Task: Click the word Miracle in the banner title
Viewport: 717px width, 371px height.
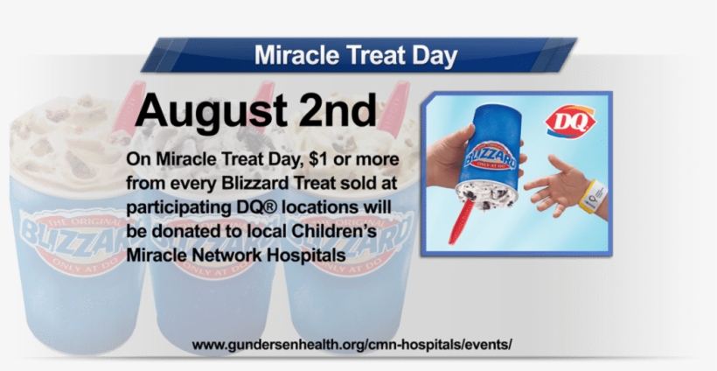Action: point(295,56)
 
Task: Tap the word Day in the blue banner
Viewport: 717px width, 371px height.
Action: point(435,56)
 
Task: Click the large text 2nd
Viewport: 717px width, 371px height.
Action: point(334,112)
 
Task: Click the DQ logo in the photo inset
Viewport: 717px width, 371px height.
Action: point(570,122)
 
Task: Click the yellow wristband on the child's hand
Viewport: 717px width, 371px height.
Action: point(591,193)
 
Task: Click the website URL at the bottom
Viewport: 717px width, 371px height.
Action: point(352,345)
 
